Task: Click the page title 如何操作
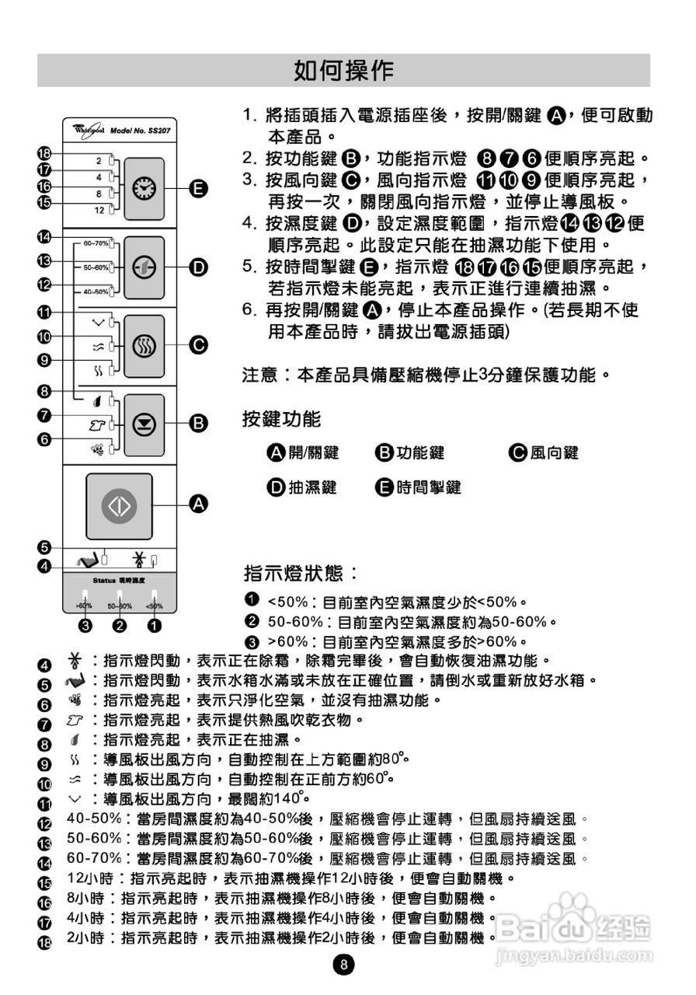(343, 71)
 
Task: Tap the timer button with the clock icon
(144, 187)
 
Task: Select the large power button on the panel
(119, 505)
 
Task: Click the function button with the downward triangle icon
(144, 424)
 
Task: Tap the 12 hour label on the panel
(99, 211)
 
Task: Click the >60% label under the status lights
(84, 606)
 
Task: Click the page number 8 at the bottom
(343, 965)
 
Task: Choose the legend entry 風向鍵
(554, 453)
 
